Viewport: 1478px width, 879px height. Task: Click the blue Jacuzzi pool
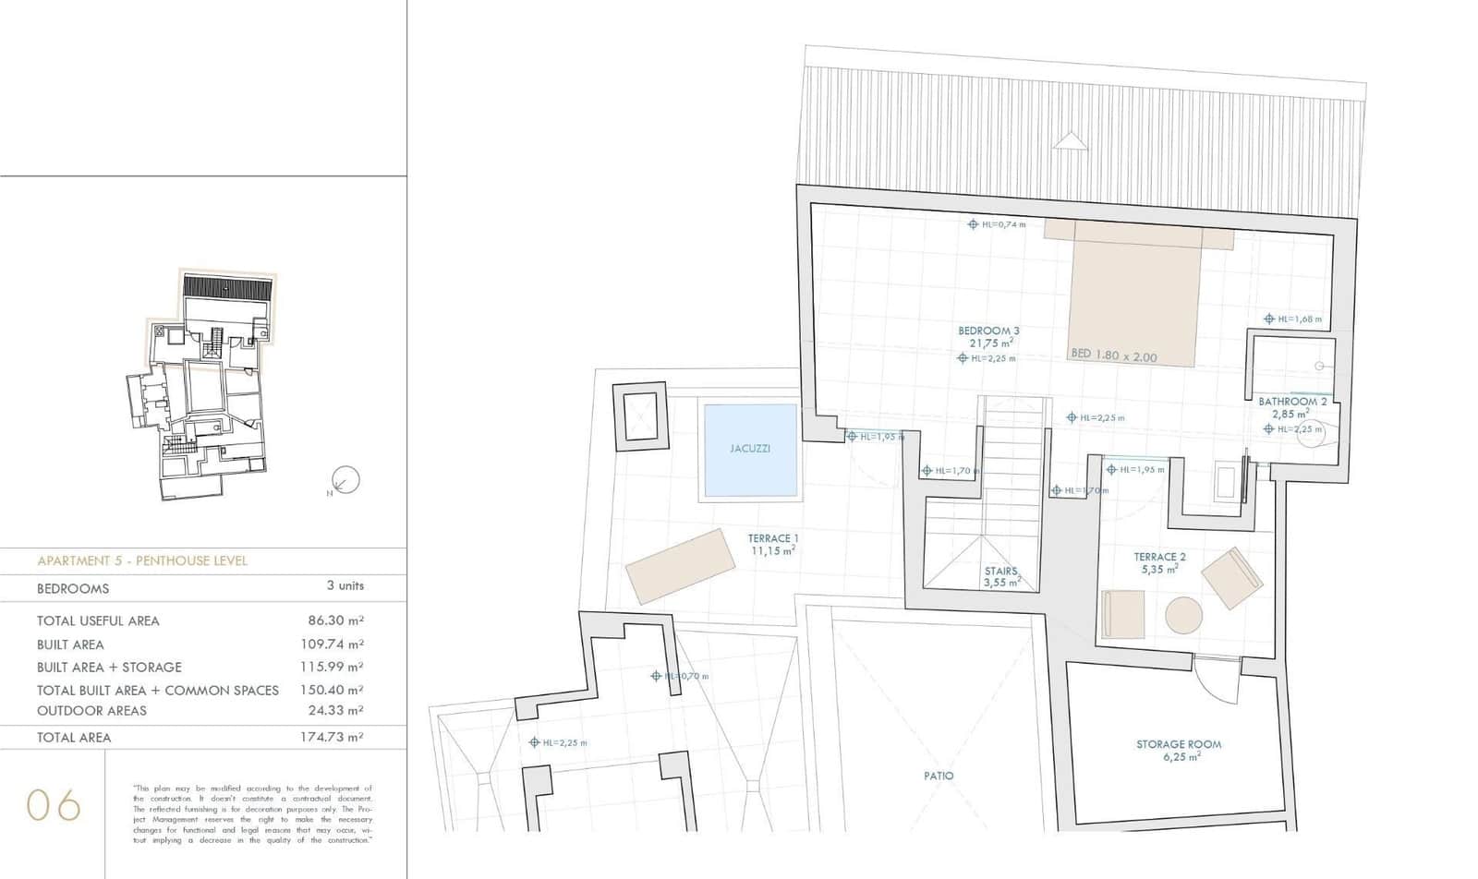[750, 450]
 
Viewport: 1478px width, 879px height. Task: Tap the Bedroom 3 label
[988, 331]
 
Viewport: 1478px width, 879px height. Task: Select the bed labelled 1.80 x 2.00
[1134, 300]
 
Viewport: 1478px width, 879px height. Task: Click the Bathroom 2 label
[1292, 402]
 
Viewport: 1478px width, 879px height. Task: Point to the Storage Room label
[1179, 744]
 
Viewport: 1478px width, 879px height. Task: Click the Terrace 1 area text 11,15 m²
[773, 550]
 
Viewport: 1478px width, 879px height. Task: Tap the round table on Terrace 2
[1183, 615]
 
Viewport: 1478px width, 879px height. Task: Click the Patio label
[939, 776]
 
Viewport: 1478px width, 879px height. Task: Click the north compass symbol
[345, 479]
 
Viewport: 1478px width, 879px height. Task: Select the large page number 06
[54, 805]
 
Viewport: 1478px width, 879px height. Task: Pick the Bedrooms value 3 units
[345, 585]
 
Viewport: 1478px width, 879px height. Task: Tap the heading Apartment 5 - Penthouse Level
[142, 560]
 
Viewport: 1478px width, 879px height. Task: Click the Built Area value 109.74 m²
[334, 644]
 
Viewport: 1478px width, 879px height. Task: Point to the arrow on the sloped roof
[1070, 140]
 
